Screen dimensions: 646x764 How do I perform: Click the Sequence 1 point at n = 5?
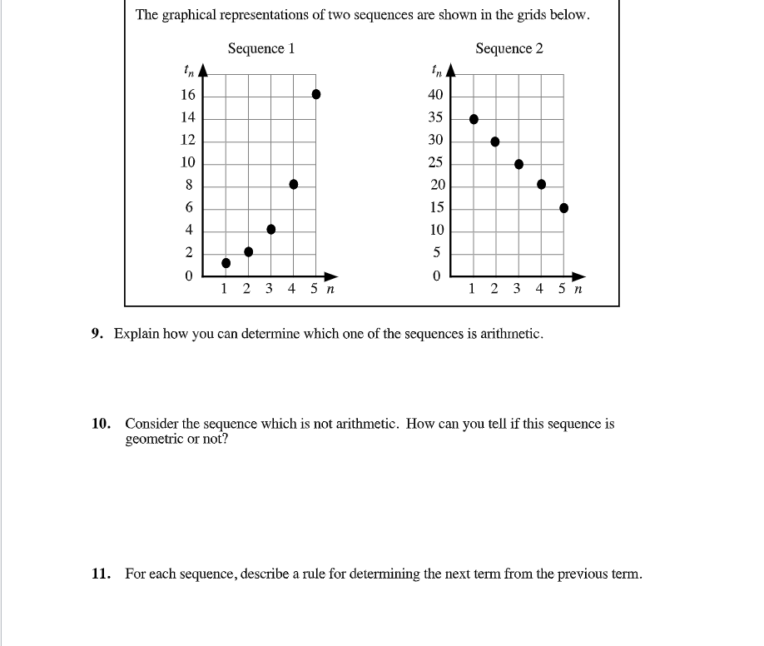tap(315, 95)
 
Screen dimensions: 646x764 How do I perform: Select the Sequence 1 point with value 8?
tap(293, 184)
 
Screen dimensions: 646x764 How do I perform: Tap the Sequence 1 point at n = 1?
tap(226, 263)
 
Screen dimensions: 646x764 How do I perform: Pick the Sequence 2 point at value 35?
tap(474, 119)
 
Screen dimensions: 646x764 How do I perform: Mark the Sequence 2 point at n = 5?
tap(563, 208)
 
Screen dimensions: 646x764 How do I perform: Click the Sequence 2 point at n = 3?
tap(518, 164)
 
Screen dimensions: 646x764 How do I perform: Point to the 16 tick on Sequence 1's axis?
tap(188, 95)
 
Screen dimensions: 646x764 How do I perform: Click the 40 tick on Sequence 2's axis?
tap(435, 95)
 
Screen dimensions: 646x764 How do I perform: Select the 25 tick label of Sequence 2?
tap(435, 162)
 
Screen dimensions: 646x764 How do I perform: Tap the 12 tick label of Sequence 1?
tap(188, 140)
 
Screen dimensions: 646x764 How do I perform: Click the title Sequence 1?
tap(260, 48)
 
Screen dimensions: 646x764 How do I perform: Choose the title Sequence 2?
tap(509, 48)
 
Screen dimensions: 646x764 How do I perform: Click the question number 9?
tap(97, 334)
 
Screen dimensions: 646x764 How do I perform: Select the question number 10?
tap(100, 424)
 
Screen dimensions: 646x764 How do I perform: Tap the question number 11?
tap(100, 574)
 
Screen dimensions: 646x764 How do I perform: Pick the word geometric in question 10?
tap(152, 439)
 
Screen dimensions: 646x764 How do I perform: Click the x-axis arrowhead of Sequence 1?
tap(332, 276)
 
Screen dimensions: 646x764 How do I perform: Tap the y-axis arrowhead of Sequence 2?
tap(452, 71)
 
